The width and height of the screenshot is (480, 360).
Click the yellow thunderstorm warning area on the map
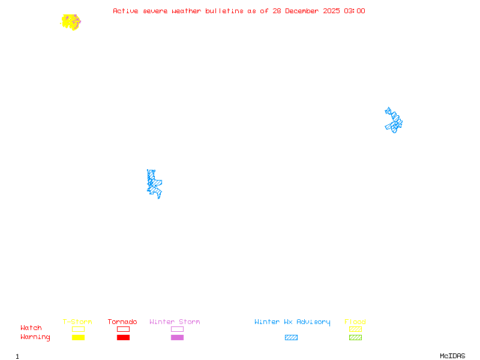pos(70,22)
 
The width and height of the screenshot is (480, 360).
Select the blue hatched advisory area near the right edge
pos(394,121)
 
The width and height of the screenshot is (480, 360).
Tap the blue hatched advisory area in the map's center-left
pos(154,184)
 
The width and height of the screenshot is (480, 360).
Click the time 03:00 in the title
pos(354,11)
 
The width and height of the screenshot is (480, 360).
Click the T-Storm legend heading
pos(77,322)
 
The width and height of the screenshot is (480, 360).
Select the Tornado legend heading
pos(122,322)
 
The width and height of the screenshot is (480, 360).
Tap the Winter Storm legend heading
pos(175,322)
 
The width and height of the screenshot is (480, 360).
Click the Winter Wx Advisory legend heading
pos(292,322)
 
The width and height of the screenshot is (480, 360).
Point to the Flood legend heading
pos(355,322)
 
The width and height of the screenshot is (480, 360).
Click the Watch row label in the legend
pos(31,328)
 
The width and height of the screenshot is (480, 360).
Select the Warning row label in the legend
pos(35,337)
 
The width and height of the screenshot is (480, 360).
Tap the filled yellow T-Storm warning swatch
pos(78,338)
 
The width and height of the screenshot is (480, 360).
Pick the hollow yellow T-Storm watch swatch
pos(78,329)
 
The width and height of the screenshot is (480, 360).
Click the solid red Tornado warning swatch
pos(123,338)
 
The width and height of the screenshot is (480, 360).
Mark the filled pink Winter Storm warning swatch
pos(177,338)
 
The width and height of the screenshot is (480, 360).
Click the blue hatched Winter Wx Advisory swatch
pos(291,338)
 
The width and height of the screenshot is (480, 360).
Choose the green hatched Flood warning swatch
pos(355,338)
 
